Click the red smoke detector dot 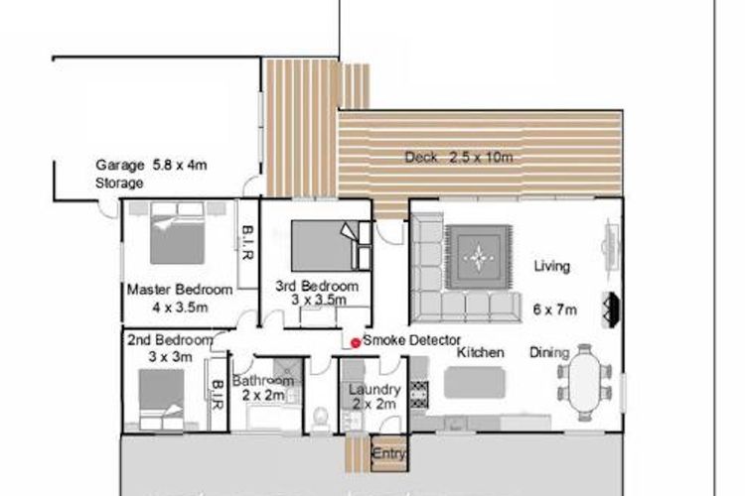point(355,342)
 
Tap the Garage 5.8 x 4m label point(151,166)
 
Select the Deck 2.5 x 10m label point(459,157)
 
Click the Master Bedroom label point(180,290)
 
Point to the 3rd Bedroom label point(317,287)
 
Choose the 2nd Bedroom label point(170,340)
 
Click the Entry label point(389,453)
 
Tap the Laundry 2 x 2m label point(374,397)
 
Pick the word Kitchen point(481,353)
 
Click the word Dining point(549,353)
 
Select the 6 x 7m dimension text point(554,310)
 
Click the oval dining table point(585,382)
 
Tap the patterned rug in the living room point(479,257)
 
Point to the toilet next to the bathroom point(321,420)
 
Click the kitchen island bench point(474,382)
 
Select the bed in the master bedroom point(177,233)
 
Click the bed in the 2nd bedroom point(161,400)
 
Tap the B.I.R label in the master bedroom point(247,242)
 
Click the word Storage point(119,184)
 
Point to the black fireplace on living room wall point(611,309)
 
